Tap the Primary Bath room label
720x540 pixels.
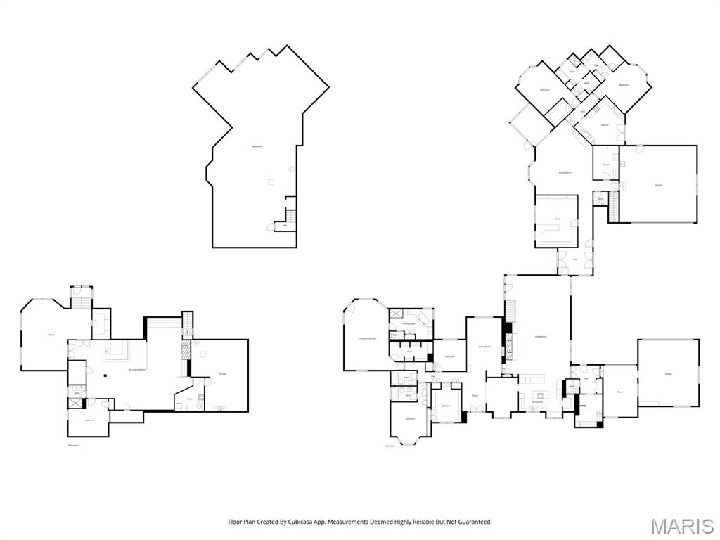point(409,324)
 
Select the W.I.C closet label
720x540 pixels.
point(409,350)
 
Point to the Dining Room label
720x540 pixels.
point(484,347)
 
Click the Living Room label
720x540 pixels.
point(541,337)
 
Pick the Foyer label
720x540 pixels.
point(475,396)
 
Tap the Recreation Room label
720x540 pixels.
point(137,369)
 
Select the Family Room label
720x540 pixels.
point(565,172)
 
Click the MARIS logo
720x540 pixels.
point(682,526)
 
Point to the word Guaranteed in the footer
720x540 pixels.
point(475,522)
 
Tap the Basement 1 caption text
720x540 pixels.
point(74,445)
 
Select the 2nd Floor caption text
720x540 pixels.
point(390,446)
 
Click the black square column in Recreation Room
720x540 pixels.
point(105,375)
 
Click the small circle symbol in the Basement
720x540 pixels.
point(291,169)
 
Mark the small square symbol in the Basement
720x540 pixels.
point(270,182)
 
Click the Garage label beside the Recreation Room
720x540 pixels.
point(222,373)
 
